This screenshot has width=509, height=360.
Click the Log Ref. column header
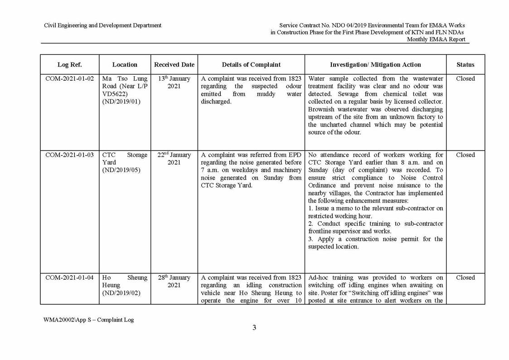70,65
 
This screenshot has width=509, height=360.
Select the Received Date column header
174,65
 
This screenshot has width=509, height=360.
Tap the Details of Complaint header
251,65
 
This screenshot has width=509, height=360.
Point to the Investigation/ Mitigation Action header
375,65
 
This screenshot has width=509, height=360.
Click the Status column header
465,65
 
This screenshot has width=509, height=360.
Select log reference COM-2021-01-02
70,79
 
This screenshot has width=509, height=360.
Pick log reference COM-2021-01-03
70,155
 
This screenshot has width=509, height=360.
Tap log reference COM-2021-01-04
70,278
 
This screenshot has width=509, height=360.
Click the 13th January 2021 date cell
174,83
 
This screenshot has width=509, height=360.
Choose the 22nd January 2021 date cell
174,159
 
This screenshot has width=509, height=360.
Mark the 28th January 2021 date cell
174,281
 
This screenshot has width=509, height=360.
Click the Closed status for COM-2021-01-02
465,79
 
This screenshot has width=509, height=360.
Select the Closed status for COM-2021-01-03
465,155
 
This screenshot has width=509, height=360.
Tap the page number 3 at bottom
254,328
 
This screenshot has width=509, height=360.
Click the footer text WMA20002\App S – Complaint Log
89,320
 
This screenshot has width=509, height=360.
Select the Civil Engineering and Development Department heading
102,25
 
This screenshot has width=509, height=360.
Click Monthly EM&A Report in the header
436,39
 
